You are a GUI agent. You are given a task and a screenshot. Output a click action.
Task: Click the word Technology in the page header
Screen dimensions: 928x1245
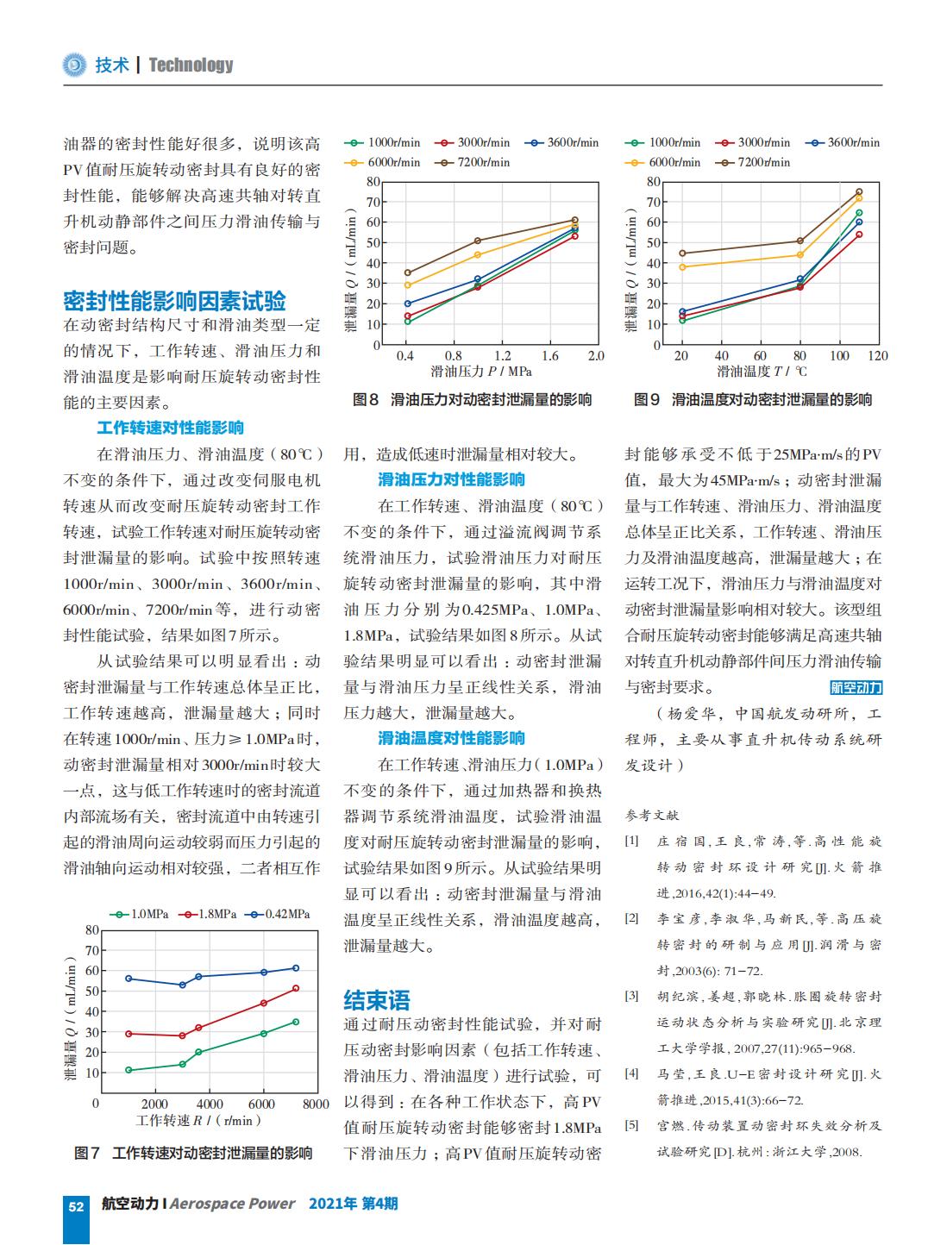[x=191, y=66]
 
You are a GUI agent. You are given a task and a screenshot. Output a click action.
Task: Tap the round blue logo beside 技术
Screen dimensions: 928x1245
[x=74, y=66]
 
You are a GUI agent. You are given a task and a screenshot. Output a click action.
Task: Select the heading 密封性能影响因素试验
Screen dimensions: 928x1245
[x=175, y=301]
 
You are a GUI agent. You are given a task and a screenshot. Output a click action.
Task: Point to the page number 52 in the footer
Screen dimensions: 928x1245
[x=76, y=1206]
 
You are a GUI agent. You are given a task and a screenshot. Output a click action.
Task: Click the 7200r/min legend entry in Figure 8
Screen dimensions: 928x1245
[x=472, y=163]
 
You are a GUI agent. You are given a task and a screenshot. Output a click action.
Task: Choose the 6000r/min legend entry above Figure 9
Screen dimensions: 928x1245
[x=663, y=163]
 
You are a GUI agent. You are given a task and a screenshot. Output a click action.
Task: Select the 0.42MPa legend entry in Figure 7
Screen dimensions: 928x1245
[x=280, y=914]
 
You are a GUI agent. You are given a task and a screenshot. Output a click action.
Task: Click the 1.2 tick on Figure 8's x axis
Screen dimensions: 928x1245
[x=503, y=356]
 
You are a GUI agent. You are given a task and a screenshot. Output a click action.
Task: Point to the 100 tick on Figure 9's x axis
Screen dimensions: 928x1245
[x=839, y=356]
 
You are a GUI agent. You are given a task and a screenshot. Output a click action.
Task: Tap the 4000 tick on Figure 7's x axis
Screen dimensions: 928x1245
[x=210, y=1104]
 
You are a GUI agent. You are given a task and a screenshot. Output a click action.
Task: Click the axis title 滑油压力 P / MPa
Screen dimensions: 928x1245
[x=481, y=372]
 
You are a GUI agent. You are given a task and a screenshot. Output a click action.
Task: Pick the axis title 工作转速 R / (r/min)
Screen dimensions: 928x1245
[x=199, y=1121]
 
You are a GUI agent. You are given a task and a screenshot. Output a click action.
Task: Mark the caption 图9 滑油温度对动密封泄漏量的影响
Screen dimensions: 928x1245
[x=753, y=400]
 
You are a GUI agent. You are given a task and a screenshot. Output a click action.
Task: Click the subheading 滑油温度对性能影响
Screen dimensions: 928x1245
[x=452, y=737]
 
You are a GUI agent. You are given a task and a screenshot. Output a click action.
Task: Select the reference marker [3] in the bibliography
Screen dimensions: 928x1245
[x=632, y=996]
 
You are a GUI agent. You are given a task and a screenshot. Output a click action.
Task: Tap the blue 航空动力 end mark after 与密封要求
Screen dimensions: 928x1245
[x=856, y=688]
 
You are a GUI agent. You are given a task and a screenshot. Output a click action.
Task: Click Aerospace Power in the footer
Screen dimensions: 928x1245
[x=233, y=1204]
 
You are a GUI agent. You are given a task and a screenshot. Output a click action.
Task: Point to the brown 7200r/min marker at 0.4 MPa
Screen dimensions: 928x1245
[x=407, y=273]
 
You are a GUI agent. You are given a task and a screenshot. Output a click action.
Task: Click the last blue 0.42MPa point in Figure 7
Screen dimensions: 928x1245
[x=296, y=968]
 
